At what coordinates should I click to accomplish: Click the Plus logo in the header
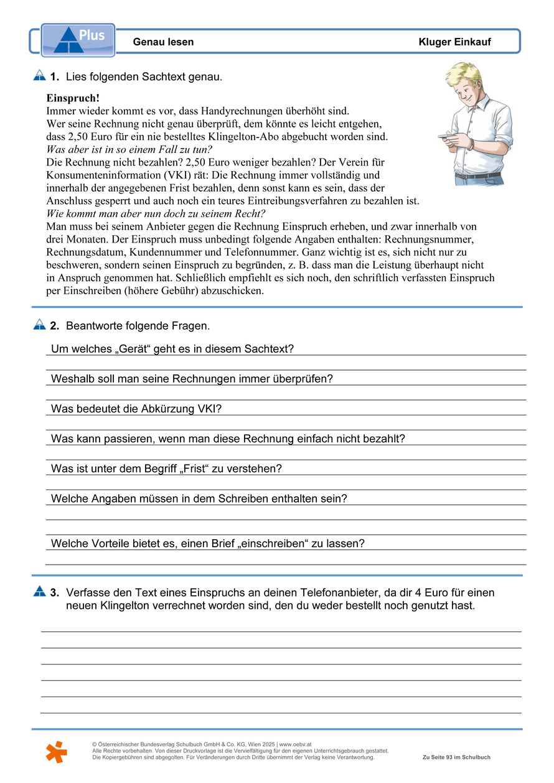pyautogui.click(x=78, y=40)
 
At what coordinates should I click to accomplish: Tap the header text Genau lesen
pyautogui.click(x=163, y=42)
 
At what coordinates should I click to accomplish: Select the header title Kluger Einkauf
pyautogui.click(x=454, y=42)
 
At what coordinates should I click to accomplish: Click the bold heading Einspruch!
pyautogui.click(x=73, y=98)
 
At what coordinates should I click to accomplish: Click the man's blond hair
pyautogui.click(x=464, y=73)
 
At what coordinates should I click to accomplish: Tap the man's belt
pyautogui.click(x=477, y=176)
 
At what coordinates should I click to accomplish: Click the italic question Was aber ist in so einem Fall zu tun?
pyautogui.click(x=129, y=150)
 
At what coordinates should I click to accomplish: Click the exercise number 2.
pyautogui.click(x=55, y=326)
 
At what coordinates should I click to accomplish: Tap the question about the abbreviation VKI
pyautogui.click(x=136, y=409)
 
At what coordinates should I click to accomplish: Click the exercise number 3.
pyautogui.click(x=55, y=593)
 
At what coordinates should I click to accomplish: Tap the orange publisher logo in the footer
pyautogui.click(x=56, y=752)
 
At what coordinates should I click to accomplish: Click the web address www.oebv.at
pyautogui.click(x=295, y=744)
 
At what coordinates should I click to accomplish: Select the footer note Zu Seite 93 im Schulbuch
pyautogui.click(x=456, y=758)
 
